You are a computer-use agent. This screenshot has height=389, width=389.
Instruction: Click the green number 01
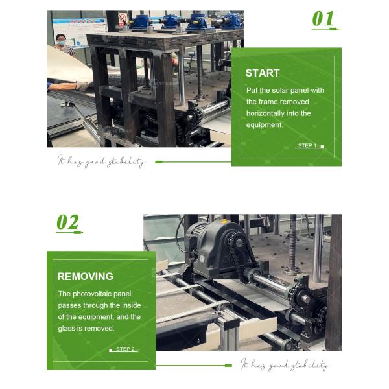tap(323, 18)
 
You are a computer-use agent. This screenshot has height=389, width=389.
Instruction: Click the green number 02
tap(67, 222)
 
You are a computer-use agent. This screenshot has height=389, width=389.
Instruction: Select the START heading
tap(263, 73)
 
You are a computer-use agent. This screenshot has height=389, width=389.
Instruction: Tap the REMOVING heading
tap(85, 276)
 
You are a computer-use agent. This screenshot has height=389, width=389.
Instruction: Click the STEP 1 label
tap(307, 146)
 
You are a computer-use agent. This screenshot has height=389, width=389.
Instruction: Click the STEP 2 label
tap(125, 349)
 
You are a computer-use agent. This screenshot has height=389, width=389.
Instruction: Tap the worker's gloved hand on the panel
tap(82, 85)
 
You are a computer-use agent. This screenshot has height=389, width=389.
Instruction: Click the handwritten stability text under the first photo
tap(101, 161)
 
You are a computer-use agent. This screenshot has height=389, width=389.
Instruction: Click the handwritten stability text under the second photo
tap(285, 365)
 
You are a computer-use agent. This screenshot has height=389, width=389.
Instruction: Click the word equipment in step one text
tap(265, 125)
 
